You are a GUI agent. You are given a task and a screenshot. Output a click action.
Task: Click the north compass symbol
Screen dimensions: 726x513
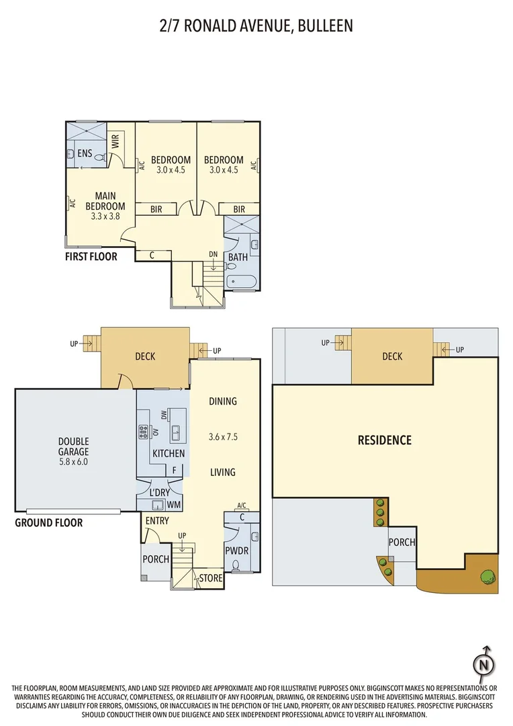coord(483,663)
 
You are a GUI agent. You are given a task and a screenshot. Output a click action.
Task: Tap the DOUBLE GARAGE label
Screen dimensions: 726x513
coord(73,447)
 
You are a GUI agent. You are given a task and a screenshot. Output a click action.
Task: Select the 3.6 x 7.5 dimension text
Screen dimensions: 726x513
coord(223,437)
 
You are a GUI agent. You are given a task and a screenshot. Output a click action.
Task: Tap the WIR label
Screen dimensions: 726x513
coord(115,141)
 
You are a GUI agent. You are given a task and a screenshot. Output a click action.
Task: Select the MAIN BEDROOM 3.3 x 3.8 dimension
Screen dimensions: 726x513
coord(105,217)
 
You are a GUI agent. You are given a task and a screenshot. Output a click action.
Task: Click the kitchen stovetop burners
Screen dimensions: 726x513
coord(143,432)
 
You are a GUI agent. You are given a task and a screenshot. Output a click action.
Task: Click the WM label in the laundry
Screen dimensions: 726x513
coord(173,504)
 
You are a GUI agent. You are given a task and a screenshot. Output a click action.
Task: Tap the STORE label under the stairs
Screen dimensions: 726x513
coord(210,577)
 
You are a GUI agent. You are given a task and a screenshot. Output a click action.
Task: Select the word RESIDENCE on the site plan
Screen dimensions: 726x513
coord(384,440)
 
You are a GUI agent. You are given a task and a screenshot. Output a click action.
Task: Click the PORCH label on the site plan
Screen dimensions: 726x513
coord(402,542)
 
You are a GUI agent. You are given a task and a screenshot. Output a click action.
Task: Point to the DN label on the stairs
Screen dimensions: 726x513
coord(213,255)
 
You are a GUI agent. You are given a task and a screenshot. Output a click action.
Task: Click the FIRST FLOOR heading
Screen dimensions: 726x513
coord(91,257)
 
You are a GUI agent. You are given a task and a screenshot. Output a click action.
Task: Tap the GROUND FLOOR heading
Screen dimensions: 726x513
coord(49,522)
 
